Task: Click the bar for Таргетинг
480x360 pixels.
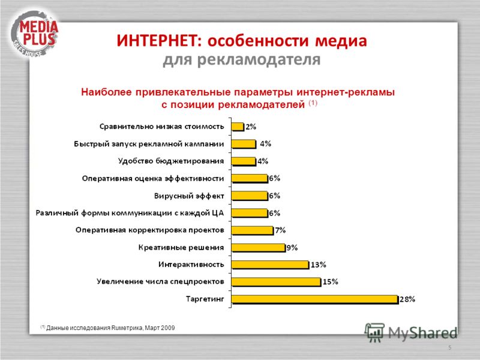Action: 315,299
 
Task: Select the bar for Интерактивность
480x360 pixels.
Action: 271,265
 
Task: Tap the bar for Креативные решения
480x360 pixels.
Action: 259,247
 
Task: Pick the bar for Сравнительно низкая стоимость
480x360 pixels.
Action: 238,127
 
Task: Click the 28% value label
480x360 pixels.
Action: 407,299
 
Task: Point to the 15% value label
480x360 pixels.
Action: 331,281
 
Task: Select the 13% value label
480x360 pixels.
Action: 319,265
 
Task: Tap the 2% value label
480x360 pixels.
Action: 251,127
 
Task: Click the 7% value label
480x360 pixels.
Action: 280,230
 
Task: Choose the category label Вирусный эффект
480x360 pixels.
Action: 189,196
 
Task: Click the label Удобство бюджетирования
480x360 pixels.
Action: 171,161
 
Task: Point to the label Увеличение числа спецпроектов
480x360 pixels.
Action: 160,281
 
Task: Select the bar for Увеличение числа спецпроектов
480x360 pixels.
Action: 277,281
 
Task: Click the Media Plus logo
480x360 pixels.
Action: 34,34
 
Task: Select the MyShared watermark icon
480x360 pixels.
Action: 374,332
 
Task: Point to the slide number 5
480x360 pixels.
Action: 449,347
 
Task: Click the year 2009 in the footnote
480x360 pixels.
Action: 168,328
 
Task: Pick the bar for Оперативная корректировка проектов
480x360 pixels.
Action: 253,230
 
